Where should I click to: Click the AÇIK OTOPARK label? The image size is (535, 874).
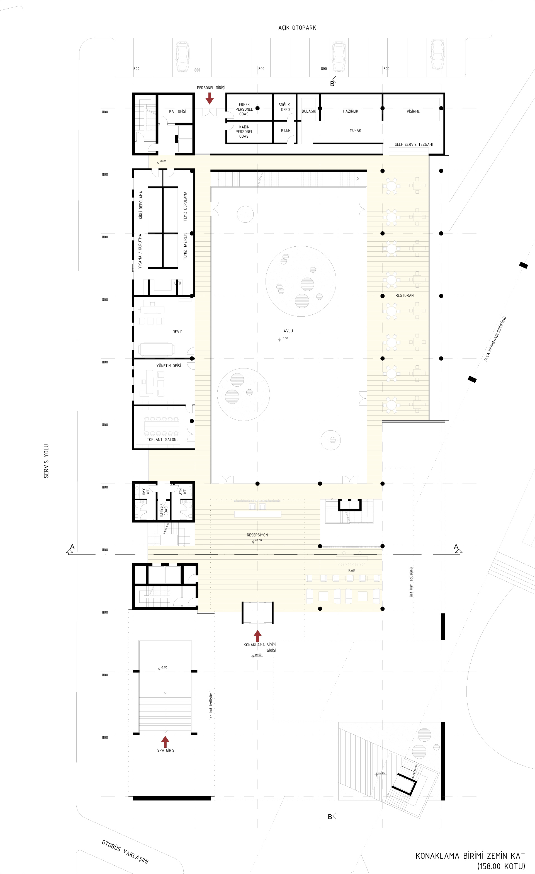click(x=297, y=28)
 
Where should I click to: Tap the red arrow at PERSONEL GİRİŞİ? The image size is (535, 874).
click(x=210, y=98)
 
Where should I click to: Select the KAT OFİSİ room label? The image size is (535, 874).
click(x=177, y=111)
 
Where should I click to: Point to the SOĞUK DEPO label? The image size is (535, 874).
click(x=284, y=107)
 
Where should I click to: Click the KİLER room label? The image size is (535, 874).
click(x=286, y=130)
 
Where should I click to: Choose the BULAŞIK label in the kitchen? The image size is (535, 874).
click(x=309, y=111)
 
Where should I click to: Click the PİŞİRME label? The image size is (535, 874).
click(x=413, y=111)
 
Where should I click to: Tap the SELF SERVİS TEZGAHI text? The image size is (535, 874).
click(x=414, y=144)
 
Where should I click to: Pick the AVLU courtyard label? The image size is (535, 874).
click(x=288, y=331)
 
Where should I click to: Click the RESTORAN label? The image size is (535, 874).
click(x=405, y=295)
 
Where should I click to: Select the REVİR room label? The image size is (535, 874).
click(x=177, y=332)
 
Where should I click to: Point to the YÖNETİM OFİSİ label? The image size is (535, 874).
click(x=169, y=366)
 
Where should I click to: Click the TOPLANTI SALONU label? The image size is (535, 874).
click(x=163, y=440)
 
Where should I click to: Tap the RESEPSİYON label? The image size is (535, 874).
click(x=257, y=535)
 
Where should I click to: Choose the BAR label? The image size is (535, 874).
click(x=352, y=571)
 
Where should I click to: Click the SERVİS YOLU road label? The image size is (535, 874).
click(x=46, y=461)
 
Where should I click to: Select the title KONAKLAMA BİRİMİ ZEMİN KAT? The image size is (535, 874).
click(x=470, y=856)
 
